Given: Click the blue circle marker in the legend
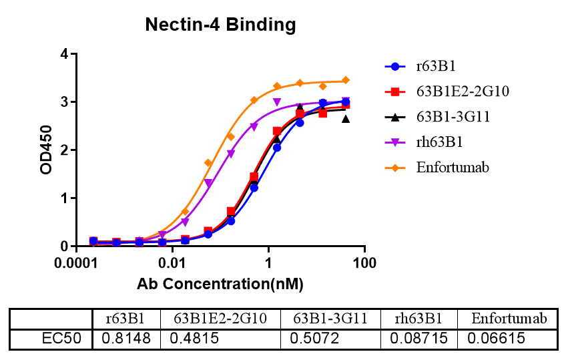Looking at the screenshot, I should click(x=394, y=66).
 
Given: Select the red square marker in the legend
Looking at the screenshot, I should click(x=395, y=92).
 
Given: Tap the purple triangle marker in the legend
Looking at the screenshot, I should click(x=394, y=142).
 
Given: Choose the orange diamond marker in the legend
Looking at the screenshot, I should click(x=394, y=168).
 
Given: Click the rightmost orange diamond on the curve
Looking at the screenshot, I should click(x=345, y=80).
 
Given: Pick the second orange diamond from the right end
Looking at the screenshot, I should click(x=322, y=86).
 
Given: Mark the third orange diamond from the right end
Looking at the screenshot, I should click(x=300, y=83).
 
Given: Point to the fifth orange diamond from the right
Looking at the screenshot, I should click(x=254, y=100).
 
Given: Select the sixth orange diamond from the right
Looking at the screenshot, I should click(x=231, y=136).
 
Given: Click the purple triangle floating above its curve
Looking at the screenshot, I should click(x=277, y=102).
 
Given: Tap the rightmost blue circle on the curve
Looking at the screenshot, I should click(x=345, y=102).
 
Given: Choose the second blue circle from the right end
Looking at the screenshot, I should click(x=322, y=103).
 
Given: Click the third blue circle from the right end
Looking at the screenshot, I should click(x=300, y=122).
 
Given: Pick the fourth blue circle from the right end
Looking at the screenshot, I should click(x=277, y=148).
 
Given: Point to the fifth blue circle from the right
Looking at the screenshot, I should click(x=254, y=188).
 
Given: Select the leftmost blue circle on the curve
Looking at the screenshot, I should click(x=93, y=240).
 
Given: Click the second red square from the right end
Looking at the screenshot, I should click(x=322, y=114).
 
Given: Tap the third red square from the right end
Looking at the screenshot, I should click(x=300, y=114).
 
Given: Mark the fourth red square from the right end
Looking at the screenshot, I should click(x=277, y=131).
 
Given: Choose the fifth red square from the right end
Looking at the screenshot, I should click(x=254, y=176).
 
